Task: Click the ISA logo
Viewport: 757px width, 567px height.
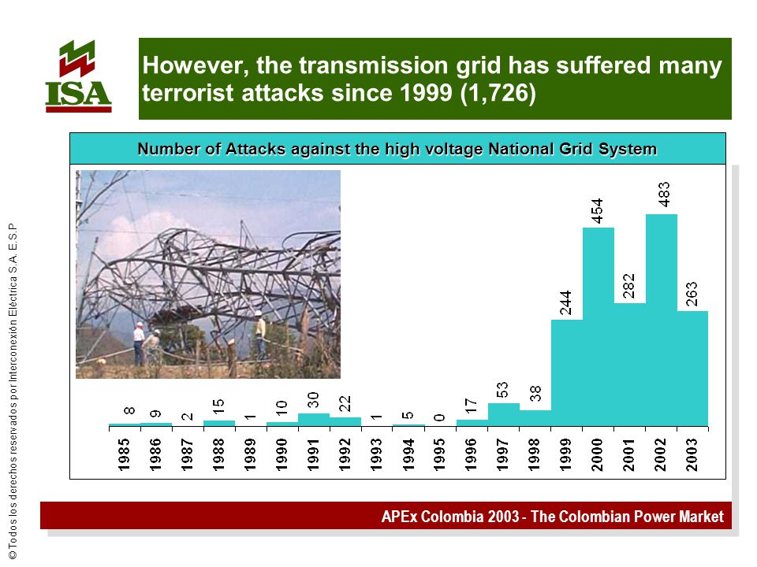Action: (78, 76)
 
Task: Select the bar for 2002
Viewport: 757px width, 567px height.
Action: (661, 321)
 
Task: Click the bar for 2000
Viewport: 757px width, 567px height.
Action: (599, 327)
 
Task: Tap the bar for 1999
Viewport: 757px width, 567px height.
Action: (567, 372)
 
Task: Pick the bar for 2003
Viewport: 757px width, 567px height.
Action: (692, 369)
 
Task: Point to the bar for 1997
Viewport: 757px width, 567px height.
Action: (504, 415)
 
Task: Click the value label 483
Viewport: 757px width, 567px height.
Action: (664, 195)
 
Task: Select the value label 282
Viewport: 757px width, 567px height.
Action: (628, 286)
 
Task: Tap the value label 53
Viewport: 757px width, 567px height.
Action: (502, 390)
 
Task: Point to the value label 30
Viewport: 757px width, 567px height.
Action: (313, 400)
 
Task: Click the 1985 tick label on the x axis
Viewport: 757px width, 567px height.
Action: (124, 454)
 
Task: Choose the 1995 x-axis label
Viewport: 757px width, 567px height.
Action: (439, 454)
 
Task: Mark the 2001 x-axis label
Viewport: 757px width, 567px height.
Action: (628, 454)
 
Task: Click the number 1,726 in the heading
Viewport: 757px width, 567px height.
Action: (498, 93)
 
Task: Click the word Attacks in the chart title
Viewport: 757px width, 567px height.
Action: (255, 149)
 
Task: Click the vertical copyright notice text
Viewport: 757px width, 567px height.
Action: (13, 391)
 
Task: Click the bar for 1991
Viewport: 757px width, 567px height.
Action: (314, 420)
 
